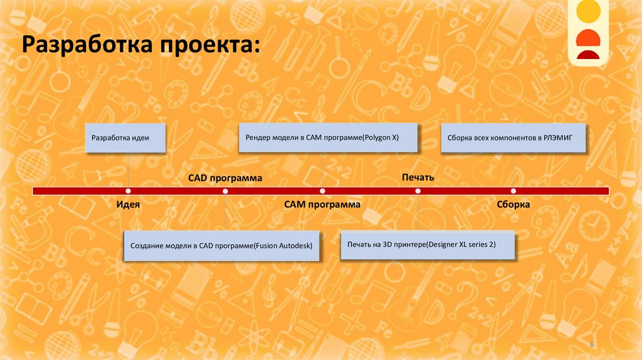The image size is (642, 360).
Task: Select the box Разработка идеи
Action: coord(125,137)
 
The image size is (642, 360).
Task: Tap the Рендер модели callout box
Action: coord(328,137)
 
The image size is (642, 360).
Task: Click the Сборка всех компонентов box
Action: coord(513,137)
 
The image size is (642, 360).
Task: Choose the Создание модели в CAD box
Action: coord(221,245)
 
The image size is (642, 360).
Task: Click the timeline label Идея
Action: coord(127,204)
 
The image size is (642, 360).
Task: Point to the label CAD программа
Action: coord(225,178)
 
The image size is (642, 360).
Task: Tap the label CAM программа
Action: coord(322,204)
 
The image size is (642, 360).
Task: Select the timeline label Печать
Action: coord(418,178)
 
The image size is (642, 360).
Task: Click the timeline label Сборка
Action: coord(513,204)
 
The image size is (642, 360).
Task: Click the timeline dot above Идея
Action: coord(128,191)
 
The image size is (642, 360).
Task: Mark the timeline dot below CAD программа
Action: coord(225,191)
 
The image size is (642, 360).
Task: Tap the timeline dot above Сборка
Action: coord(513,191)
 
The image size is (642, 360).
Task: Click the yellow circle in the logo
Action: coord(589,11)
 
